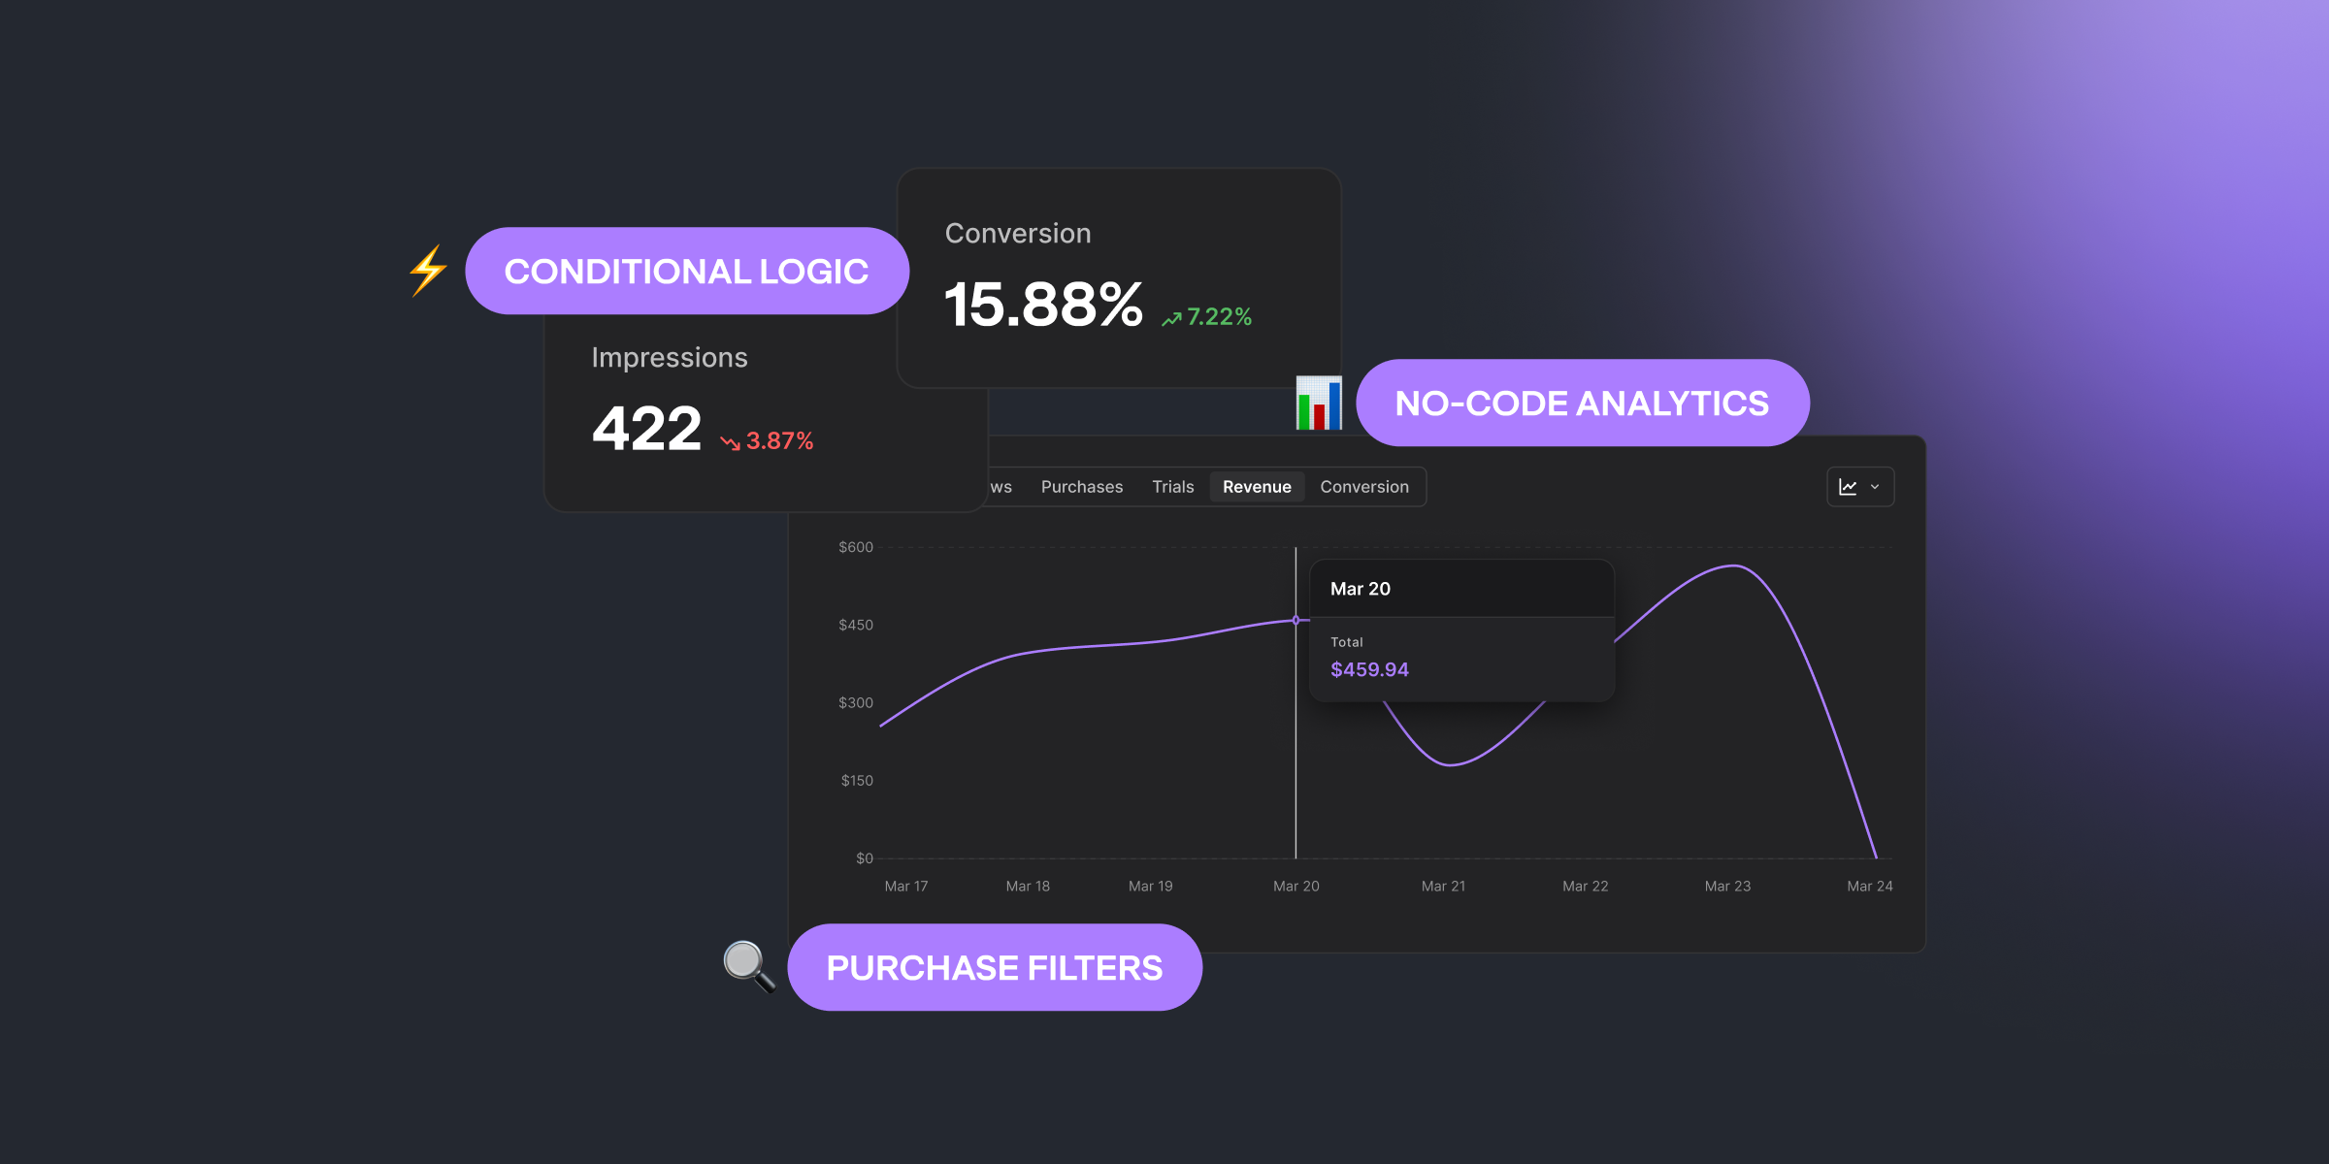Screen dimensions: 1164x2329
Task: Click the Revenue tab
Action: click(x=1257, y=487)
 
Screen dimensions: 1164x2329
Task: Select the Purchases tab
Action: click(x=1081, y=487)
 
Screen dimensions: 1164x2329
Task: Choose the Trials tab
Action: click(x=1172, y=487)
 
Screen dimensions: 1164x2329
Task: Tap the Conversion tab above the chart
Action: click(x=1363, y=487)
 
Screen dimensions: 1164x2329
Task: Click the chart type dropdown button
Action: click(x=1859, y=487)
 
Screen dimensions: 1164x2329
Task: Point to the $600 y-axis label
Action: click(x=855, y=548)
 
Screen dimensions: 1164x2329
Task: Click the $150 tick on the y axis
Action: click(x=856, y=781)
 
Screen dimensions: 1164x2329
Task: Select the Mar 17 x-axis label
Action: click(x=905, y=887)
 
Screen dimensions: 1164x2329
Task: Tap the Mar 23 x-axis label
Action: click(x=1727, y=887)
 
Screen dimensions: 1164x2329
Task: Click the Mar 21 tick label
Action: click(x=1443, y=887)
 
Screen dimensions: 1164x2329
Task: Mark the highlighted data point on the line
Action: click(x=1296, y=620)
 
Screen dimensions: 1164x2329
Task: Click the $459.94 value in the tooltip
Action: click(x=1369, y=669)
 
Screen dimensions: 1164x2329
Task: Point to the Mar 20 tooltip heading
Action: click(x=1360, y=589)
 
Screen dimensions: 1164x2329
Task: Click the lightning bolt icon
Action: click(x=428, y=271)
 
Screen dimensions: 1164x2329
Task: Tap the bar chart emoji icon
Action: click(x=1319, y=404)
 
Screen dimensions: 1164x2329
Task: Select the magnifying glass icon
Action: click(x=748, y=966)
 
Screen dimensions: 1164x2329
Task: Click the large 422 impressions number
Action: click(x=646, y=429)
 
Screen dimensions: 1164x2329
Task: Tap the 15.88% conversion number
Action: click(x=1043, y=305)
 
